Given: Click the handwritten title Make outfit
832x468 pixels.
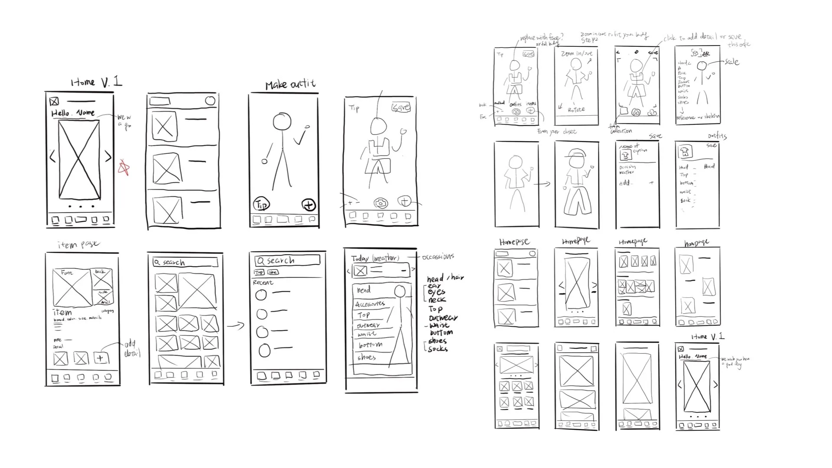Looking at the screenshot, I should pyautogui.click(x=290, y=84).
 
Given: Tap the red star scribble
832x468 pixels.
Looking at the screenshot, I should pyautogui.click(x=124, y=168).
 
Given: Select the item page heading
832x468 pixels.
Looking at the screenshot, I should pyautogui.click(x=78, y=244).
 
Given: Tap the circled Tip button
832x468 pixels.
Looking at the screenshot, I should pyautogui.click(x=261, y=204).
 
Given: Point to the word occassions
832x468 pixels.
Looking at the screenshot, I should pyautogui.click(x=438, y=257).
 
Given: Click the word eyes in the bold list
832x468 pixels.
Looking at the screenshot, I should pyautogui.click(x=436, y=292).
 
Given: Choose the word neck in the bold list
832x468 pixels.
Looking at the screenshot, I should pyautogui.click(x=437, y=300).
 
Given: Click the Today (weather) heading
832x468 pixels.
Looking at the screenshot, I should pyautogui.click(x=375, y=258).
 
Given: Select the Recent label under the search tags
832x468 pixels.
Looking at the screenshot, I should pyautogui.click(x=263, y=283).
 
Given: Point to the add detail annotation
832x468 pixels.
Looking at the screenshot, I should pyautogui.click(x=131, y=349).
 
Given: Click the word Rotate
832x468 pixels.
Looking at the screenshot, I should pyautogui.click(x=576, y=110).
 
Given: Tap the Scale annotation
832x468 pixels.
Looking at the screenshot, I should pyautogui.click(x=732, y=62).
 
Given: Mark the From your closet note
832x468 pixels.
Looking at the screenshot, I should pyautogui.click(x=557, y=131).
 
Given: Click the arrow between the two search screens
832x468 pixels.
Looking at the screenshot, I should pyautogui.click(x=236, y=325).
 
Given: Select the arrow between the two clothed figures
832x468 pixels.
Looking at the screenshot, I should pyautogui.click(x=542, y=184).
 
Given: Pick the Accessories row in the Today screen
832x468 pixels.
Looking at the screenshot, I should pyautogui.click(x=370, y=304).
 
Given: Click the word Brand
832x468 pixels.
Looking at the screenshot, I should pyautogui.click(x=709, y=166).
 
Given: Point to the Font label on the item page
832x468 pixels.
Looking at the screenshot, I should pyautogui.click(x=67, y=273).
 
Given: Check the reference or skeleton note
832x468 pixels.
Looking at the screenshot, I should pyautogui.click(x=698, y=117).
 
